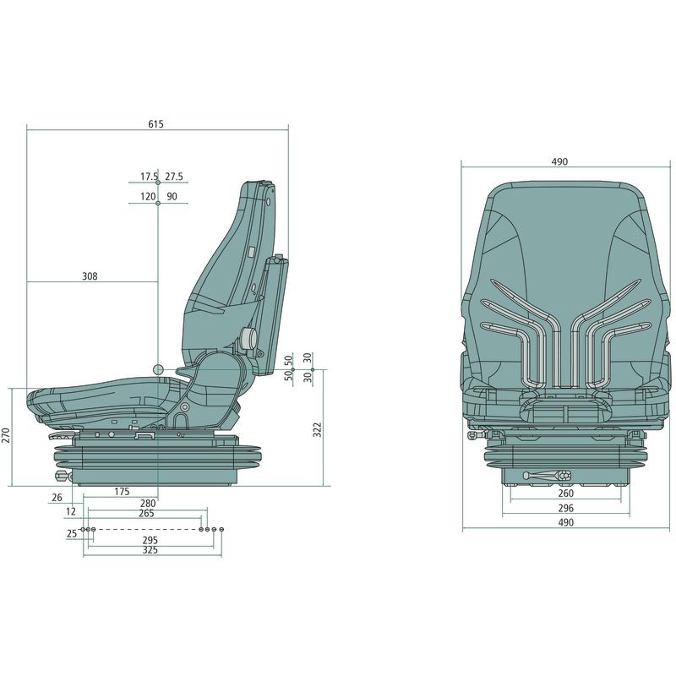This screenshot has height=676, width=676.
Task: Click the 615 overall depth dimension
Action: (x=155, y=124)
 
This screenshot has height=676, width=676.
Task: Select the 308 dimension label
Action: (x=90, y=276)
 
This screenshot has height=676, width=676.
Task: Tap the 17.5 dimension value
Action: (x=150, y=177)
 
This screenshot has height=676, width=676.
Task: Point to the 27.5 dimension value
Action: (x=174, y=177)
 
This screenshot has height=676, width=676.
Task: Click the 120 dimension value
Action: (x=148, y=197)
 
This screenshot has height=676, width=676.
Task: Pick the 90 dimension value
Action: (x=172, y=197)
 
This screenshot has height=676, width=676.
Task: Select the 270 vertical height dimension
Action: (x=6, y=435)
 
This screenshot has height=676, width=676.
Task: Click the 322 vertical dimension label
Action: (x=318, y=430)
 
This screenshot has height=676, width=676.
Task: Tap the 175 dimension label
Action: (x=122, y=492)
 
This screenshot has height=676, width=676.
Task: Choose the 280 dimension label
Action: (x=148, y=503)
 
